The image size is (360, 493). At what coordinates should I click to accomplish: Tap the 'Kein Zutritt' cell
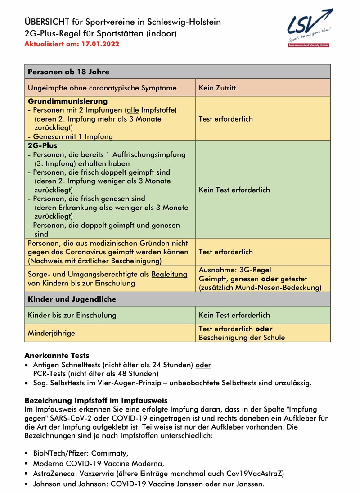click(x=217, y=88)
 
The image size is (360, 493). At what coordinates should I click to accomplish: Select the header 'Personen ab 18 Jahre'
click(x=68, y=72)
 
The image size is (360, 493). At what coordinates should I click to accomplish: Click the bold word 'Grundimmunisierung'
click(x=67, y=101)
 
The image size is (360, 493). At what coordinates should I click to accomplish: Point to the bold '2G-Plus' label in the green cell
click(x=42, y=146)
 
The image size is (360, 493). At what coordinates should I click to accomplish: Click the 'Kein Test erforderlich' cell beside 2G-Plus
click(x=234, y=190)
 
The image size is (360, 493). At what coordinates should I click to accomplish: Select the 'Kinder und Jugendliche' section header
click(x=72, y=299)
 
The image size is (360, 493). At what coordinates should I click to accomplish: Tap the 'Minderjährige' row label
click(x=51, y=333)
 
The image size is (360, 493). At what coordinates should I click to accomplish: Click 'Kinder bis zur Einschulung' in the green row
click(x=72, y=315)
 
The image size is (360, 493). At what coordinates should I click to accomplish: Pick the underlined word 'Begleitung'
click(x=169, y=274)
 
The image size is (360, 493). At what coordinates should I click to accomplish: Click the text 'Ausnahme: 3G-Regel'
click(x=235, y=270)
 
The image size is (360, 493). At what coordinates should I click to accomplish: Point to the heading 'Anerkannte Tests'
click(x=57, y=355)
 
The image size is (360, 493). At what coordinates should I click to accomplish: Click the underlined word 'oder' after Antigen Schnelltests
click(x=203, y=365)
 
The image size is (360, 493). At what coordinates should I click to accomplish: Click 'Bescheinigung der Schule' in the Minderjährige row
click(x=242, y=337)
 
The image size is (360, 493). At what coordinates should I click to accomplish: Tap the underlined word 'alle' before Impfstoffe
click(x=132, y=110)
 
